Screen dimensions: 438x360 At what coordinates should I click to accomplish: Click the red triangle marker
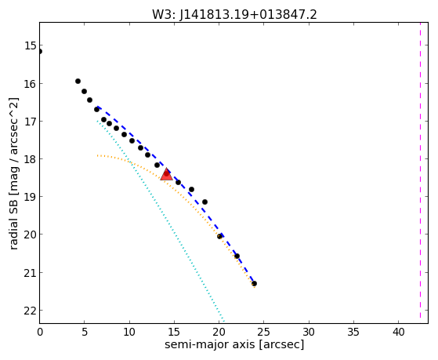[x=166, y=174]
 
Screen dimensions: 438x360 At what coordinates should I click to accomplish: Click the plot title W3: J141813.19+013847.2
[x=234, y=15]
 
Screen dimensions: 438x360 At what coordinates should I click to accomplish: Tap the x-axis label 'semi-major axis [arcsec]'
[x=234, y=344]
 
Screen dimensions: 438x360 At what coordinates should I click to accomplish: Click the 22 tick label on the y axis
[x=30, y=311]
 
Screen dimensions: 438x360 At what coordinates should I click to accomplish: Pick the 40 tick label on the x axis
[x=398, y=332]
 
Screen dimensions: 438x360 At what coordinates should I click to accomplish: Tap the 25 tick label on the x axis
[x=264, y=332]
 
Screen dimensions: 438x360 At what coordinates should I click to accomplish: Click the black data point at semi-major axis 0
[x=40, y=52]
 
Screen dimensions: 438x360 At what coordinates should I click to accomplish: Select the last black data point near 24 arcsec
[x=254, y=284]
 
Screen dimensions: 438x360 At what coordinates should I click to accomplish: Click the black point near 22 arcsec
[x=237, y=256]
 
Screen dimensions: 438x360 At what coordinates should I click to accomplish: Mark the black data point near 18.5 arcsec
[x=205, y=202]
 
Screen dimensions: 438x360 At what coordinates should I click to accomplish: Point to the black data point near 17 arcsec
[x=191, y=189]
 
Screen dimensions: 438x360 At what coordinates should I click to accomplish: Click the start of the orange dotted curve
[x=97, y=155]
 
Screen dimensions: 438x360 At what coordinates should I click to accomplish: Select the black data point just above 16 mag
[x=78, y=81]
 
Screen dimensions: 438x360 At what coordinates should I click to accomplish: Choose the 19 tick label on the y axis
[x=30, y=197]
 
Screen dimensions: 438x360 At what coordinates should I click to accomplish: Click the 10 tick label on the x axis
[x=129, y=332]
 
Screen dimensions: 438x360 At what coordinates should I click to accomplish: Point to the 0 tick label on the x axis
[x=40, y=332]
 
